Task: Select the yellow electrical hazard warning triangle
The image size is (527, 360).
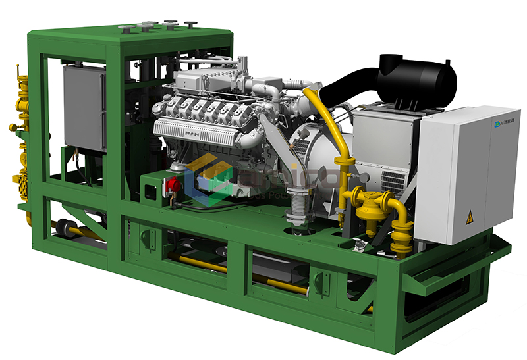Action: [469, 219]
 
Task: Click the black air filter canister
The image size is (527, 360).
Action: [416, 80]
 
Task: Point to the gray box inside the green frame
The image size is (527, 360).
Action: [84, 108]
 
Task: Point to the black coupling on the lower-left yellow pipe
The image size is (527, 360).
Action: [64, 228]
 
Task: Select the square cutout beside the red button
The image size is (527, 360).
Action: [150, 190]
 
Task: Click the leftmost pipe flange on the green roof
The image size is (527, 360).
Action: [122, 27]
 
